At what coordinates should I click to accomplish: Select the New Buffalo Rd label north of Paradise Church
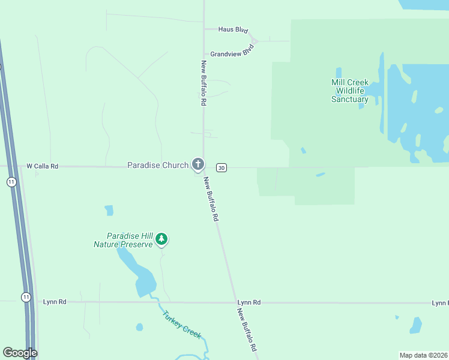[204, 83]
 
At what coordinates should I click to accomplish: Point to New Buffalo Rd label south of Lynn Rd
[247, 330]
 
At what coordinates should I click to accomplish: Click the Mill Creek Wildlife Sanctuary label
[350, 91]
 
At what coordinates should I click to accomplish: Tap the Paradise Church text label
[158, 165]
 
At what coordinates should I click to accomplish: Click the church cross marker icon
[198, 164]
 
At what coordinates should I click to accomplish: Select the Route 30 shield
[222, 167]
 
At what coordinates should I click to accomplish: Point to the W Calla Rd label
[42, 166]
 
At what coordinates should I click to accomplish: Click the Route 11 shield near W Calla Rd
[11, 182]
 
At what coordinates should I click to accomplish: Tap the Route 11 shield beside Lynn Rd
[26, 297]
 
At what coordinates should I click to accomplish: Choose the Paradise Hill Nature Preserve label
[123, 240]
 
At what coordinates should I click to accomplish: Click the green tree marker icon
[161, 239]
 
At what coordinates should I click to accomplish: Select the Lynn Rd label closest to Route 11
[55, 302]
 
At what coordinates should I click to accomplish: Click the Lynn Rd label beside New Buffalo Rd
[249, 302]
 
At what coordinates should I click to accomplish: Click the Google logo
[20, 353]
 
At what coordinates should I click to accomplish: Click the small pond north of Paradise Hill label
[109, 210]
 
